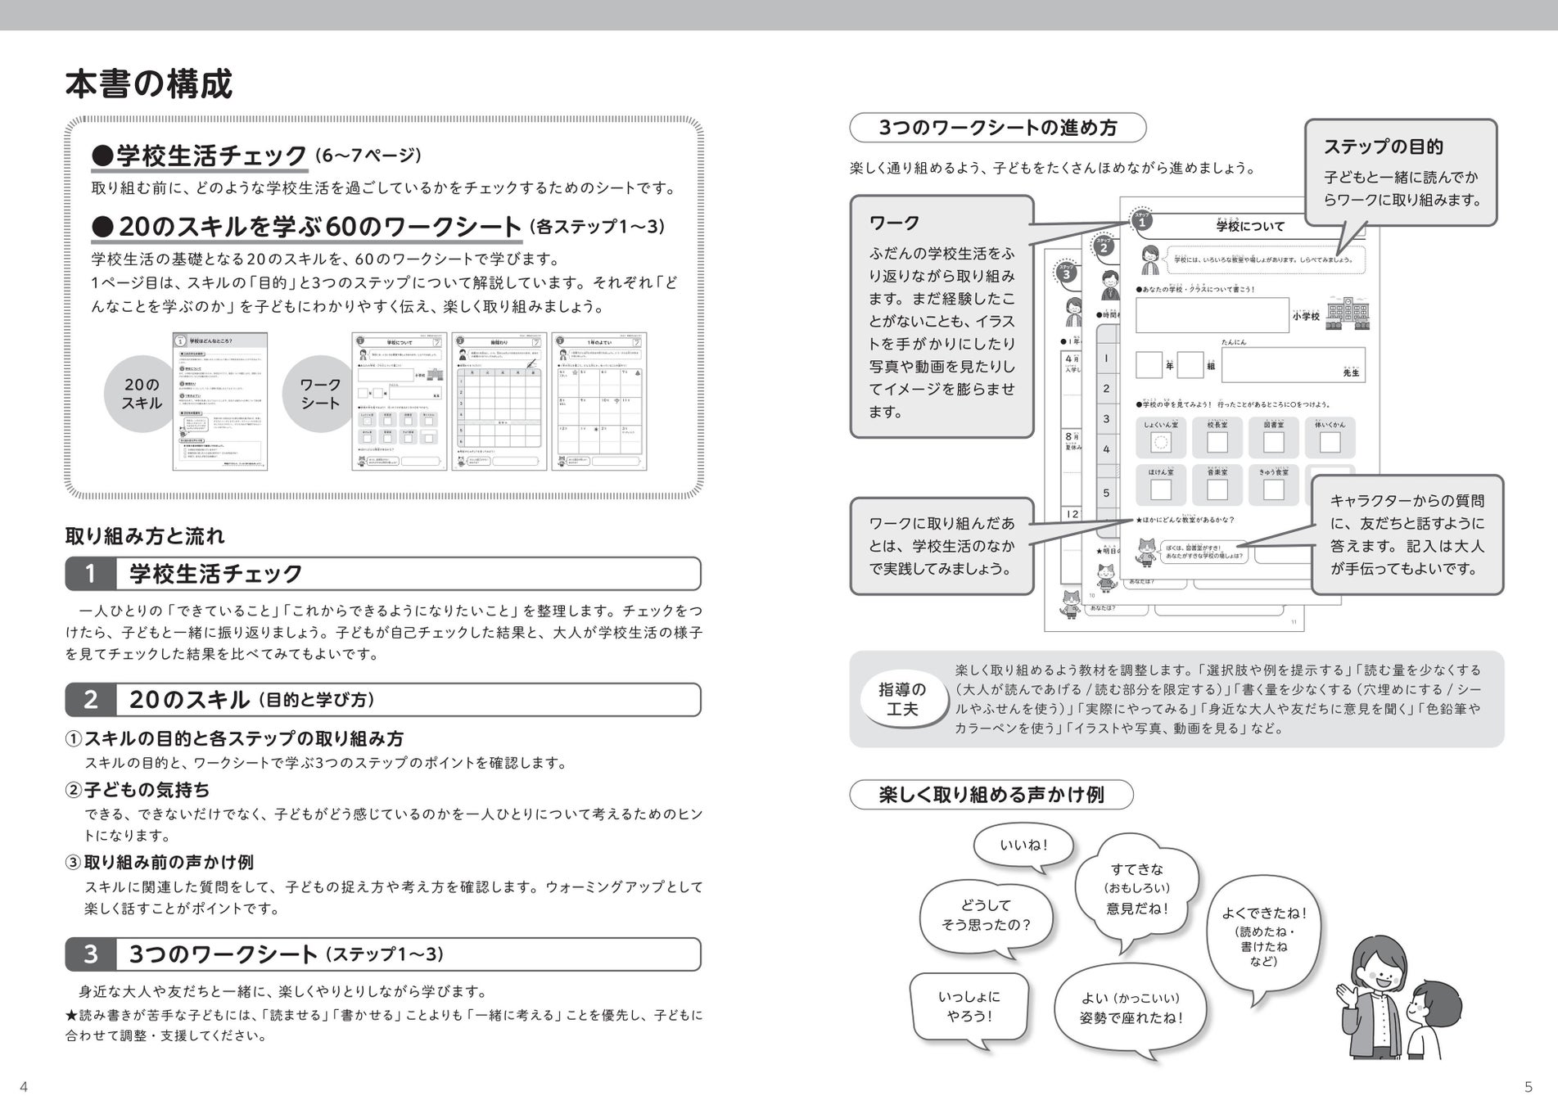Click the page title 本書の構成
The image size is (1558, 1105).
coord(148,83)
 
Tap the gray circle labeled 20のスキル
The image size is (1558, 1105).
coord(142,394)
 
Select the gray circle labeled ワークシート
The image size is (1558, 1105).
coord(320,394)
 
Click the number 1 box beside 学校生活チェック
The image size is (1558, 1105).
coord(90,574)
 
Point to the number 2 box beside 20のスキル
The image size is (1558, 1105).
coord(90,700)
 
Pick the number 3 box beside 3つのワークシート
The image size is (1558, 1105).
coord(90,954)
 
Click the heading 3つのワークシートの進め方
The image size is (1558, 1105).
coord(997,128)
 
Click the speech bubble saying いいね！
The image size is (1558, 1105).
coord(1023,845)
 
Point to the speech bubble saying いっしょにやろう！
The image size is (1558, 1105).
coord(969,1006)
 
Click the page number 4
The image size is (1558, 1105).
coord(24,1087)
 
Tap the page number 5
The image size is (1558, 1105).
coord(1528,1087)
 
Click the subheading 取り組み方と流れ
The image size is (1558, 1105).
coord(145,536)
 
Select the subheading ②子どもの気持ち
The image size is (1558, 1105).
coord(138,790)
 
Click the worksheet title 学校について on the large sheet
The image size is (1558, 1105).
coord(1250,226)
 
